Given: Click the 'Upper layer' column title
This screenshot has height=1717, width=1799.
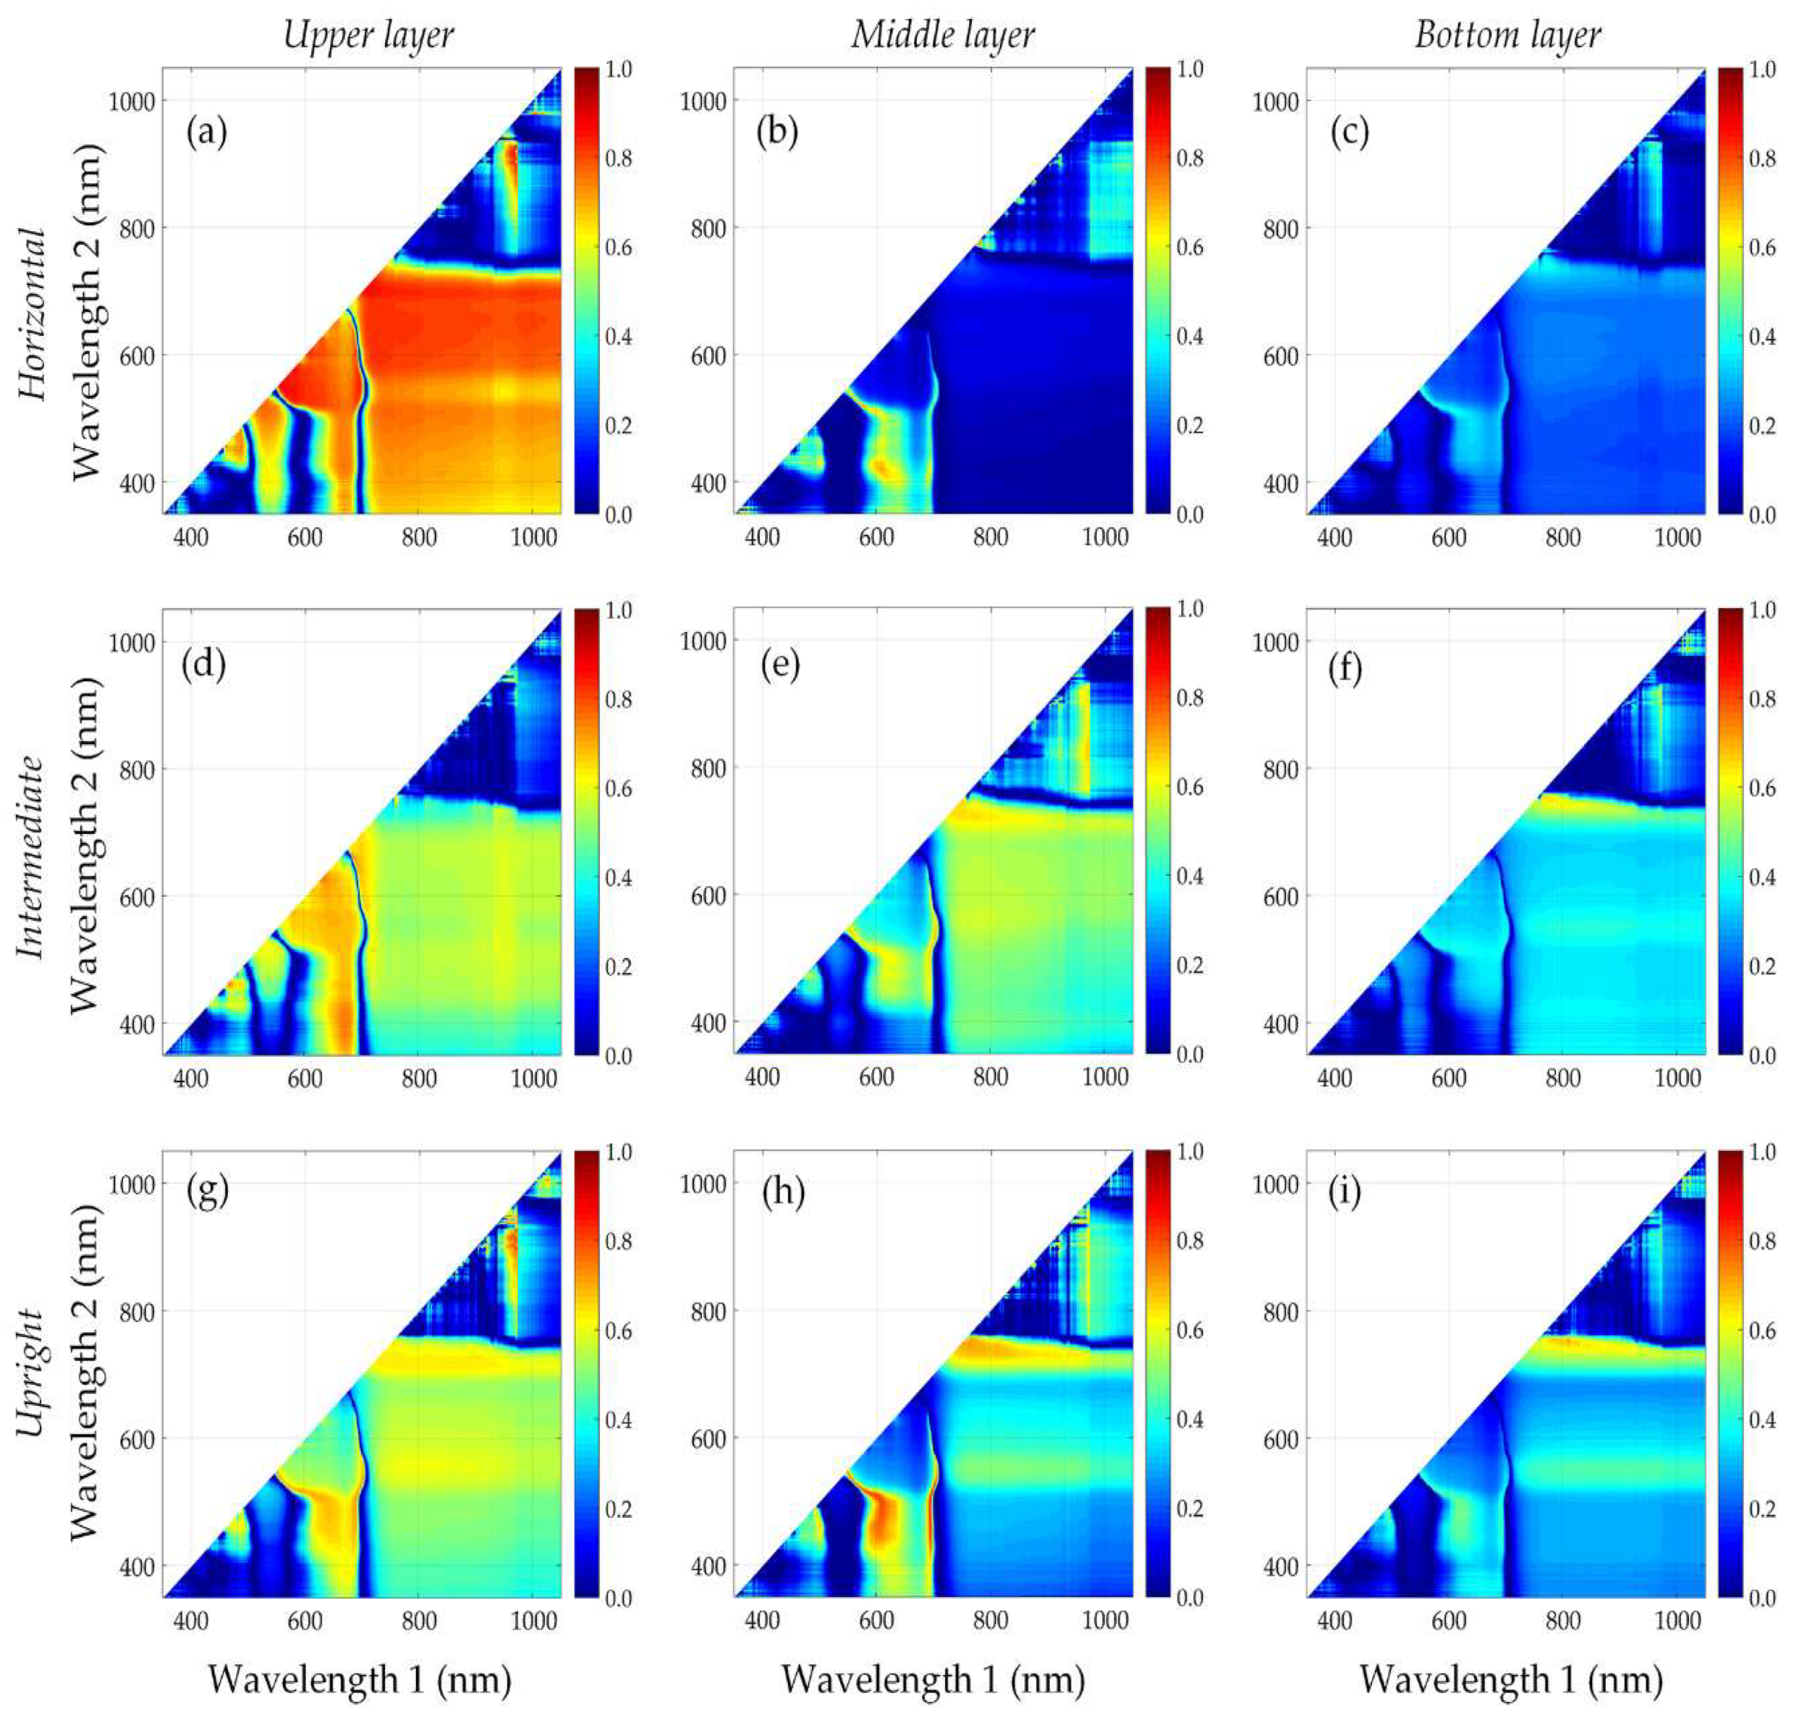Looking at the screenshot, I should click(368, 35).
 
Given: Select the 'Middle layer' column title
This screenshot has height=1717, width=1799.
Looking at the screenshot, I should click(942, 35).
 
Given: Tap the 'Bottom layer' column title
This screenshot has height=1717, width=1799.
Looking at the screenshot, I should click(1508, 35).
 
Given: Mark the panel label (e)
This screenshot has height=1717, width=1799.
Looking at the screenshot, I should click(779, 666).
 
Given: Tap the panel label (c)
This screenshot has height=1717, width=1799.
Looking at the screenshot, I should click(1350, 134).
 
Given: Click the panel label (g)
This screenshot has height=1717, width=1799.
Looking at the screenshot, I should click(207, 1192).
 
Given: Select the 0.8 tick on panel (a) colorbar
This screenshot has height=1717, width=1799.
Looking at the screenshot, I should click(619, 159).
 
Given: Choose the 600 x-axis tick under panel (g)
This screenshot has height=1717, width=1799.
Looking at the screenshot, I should click(305, 1621).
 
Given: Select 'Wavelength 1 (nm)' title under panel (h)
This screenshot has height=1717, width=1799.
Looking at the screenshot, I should click(933, 1680).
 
